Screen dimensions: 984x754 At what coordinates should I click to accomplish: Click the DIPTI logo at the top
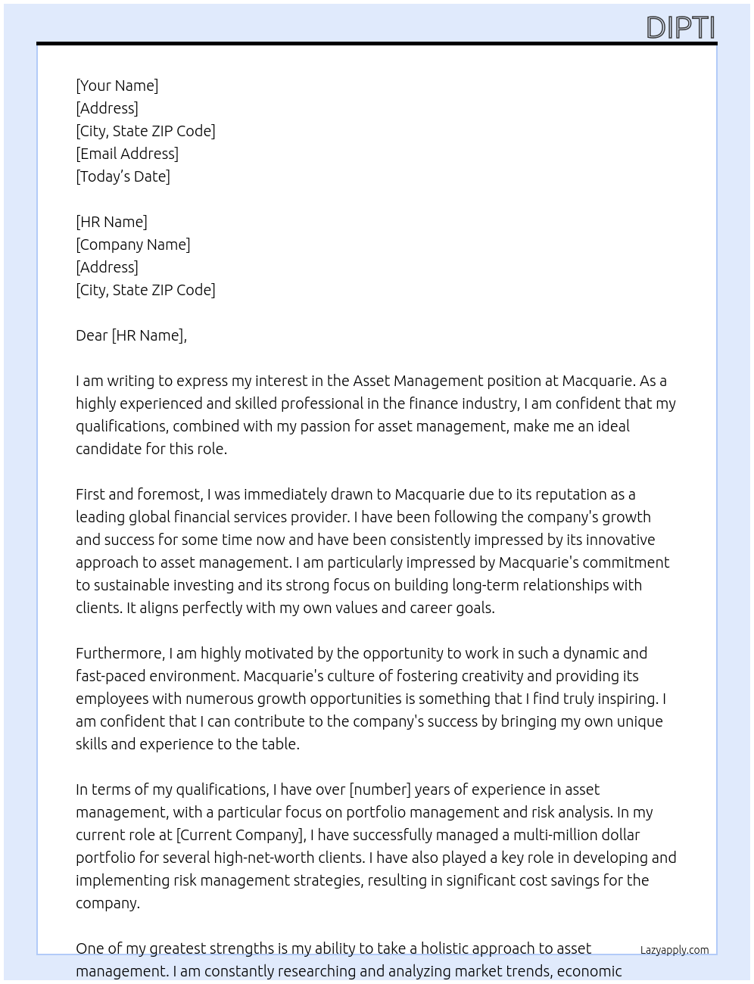pos(680,27)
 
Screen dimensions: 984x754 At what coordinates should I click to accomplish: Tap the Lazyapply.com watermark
pos(674,950)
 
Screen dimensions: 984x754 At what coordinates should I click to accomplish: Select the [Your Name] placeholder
pos(117,86)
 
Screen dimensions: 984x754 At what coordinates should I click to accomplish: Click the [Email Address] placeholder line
pos(127,154)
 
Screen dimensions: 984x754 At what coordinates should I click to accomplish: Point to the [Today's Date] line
pos(123,176)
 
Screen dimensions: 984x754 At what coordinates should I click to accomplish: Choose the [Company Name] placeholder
pos(133,244)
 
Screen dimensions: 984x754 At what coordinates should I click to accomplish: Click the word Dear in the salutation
pos(92,335)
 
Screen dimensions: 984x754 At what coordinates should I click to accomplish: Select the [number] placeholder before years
pos(379,789)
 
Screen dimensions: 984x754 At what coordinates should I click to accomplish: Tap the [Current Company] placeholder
pos(240,835)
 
